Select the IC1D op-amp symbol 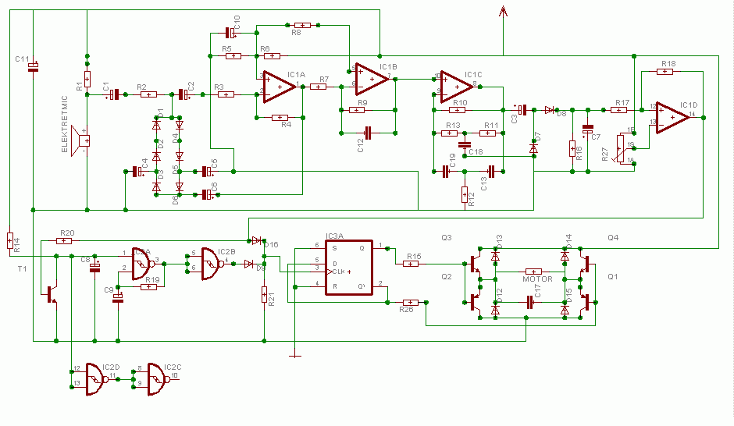tap(671, 116)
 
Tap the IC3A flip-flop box tap(349, 266)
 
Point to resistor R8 tap(301, 25)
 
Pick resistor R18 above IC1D tap(664, 72)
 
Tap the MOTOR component tap(534, 272)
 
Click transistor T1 tap(52, 294)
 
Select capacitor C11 tap(33, 67)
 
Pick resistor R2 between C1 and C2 tap(148, 94)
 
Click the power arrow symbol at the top tap(503, 11)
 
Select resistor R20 tap(65, 240)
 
